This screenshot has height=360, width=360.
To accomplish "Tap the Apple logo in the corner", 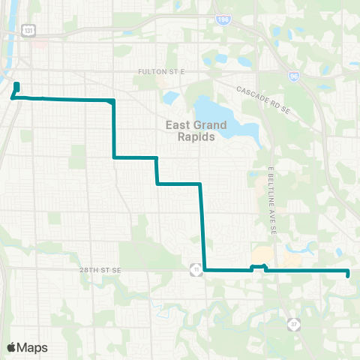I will point(12,347).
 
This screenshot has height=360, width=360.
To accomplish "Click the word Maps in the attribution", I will point(32,347).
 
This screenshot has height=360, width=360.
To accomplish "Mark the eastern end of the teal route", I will point(349,274).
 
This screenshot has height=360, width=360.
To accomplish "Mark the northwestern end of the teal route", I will point(16,84).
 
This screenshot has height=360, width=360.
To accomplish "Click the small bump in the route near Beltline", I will point(257,266).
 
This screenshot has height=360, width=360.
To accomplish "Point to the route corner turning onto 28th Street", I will point(205,269).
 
